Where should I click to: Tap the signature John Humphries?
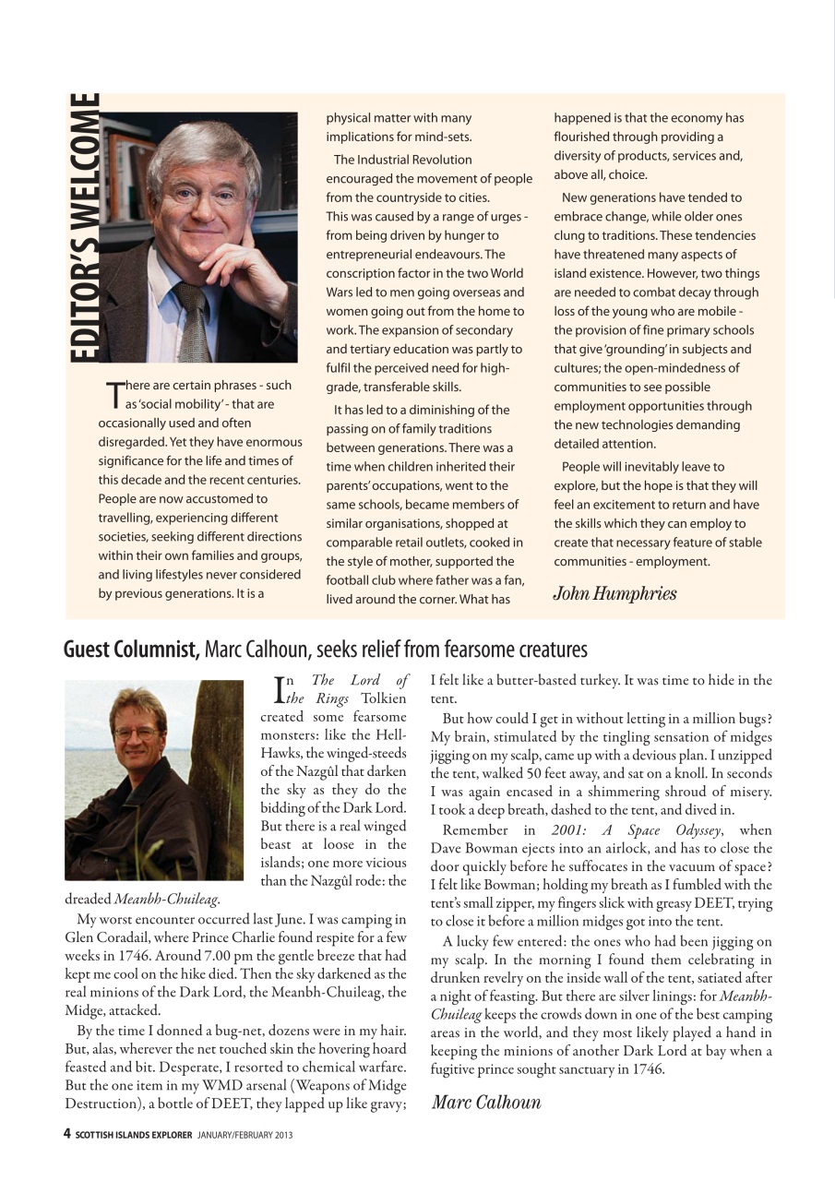pos(614,593)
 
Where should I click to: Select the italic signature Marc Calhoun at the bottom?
pos(486,1102)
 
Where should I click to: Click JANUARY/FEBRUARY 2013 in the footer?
pos(245,1135)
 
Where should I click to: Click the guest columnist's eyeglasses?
pos(135,734)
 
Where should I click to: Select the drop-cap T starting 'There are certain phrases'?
pos(114,394)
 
